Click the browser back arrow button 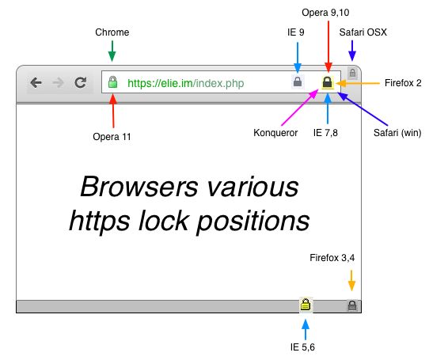36,82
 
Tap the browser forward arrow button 57,82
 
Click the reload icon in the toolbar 80,82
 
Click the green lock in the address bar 112,82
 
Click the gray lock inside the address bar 298,81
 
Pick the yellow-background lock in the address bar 326,81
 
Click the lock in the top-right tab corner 352,73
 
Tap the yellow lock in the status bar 305,305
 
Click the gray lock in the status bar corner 351,305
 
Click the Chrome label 112,32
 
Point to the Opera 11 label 112,136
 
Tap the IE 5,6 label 305,347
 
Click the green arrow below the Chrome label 112,51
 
